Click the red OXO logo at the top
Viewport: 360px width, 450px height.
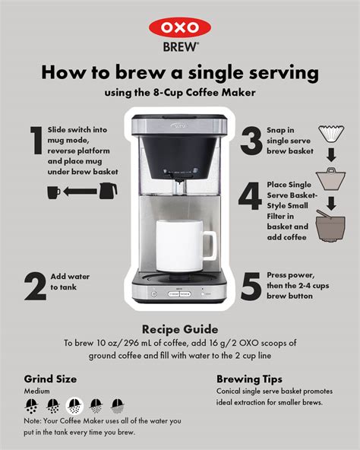pyautogui.click(x=179, y=27)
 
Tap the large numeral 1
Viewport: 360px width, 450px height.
pyautogui.click(x=35, y=145)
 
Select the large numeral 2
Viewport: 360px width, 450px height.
pyautogui.click(x=34, y=287)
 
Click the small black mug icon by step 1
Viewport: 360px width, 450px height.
pyautogui.click(x=54, y=192)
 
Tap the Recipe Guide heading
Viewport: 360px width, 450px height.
pyautogui.click(x=179, y=329)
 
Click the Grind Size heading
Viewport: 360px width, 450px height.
pyautogui.click(x=50, y=378)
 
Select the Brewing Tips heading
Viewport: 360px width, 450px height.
pyautogui.click(x=249, y=378)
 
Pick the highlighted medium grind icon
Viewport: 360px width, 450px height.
pyautogui.click(x=74, y=405)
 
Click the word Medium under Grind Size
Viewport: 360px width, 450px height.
pyautogui.click(x=36, y=391)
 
